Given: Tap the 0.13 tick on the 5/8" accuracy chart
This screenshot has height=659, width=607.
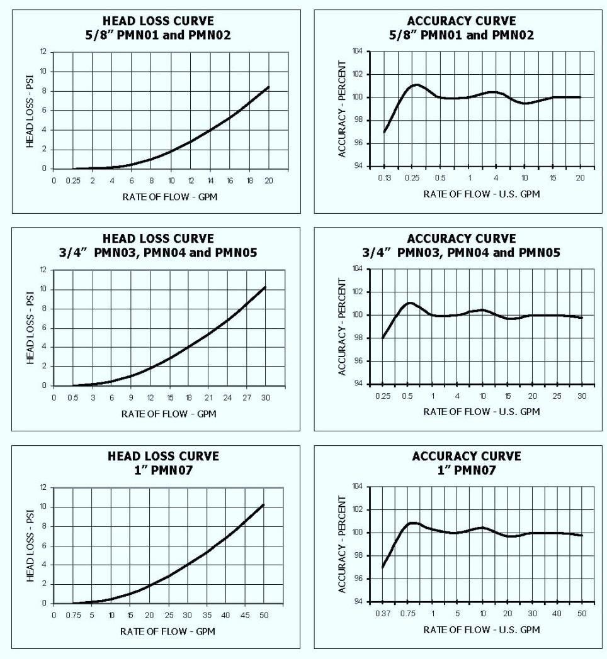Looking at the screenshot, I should click(383, 178).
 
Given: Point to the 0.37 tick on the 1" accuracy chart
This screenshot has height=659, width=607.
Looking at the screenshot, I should click(383, 612).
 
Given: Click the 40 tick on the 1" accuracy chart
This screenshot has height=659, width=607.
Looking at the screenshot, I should click(556, 612).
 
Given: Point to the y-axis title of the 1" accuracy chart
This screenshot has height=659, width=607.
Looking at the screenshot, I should click(341, 544).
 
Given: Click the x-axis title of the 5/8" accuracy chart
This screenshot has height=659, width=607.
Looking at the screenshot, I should click(482, 194).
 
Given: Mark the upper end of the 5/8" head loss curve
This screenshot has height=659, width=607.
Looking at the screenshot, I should click(269, 87).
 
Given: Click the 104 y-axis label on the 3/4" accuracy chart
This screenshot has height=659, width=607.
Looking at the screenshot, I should click(358, 269).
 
